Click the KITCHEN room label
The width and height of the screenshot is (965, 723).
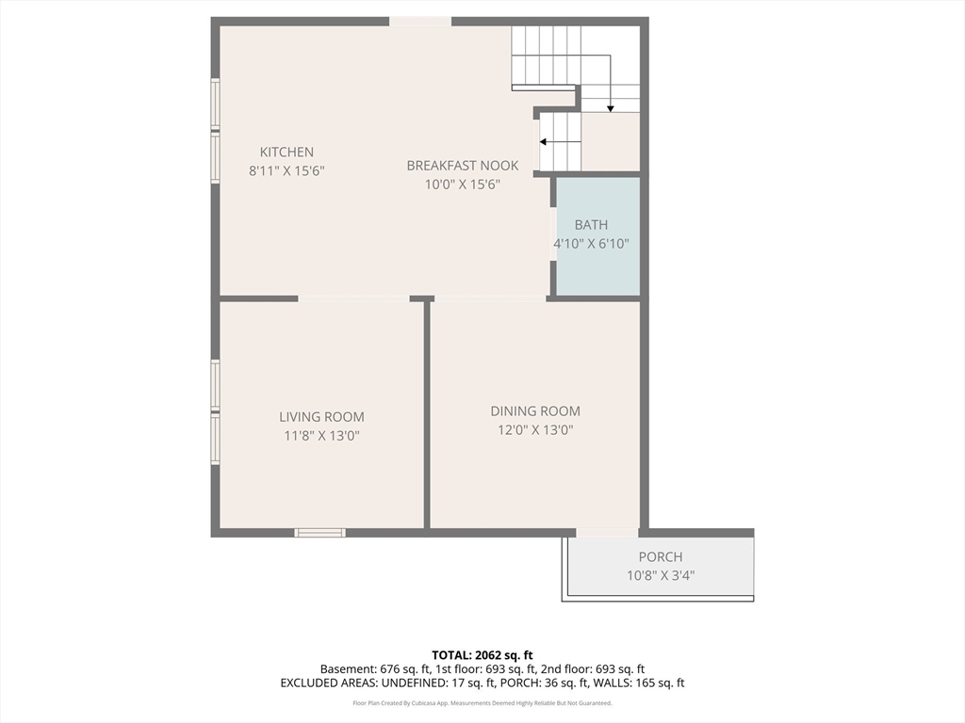point(286,153)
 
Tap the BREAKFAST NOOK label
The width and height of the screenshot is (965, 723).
point(462,166)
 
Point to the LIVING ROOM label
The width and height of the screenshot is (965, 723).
point(321,417)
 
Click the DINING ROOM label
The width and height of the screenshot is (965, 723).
point(535,411)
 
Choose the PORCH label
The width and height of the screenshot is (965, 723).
point(660,557)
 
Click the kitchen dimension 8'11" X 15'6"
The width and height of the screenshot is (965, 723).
point(286,171)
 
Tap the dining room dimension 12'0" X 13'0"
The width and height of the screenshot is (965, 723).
point(535,430)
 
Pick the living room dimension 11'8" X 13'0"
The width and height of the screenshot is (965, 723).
point(321,436)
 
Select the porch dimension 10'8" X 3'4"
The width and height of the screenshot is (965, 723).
point(660,575)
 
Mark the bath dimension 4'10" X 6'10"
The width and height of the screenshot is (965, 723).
point(591,244)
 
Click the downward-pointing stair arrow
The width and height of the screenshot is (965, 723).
point(611,107)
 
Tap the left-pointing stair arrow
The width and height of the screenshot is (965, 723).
point(543,142)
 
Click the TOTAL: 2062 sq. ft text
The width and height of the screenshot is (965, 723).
point(482,655)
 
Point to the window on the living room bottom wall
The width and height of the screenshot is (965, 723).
point(320,533)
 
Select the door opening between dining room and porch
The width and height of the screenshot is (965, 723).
point(607,533)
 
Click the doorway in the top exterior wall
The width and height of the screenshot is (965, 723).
point(420,22)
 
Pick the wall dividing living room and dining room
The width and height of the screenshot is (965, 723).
point(427,414)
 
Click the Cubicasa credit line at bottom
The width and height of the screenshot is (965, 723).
point(482,703)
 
